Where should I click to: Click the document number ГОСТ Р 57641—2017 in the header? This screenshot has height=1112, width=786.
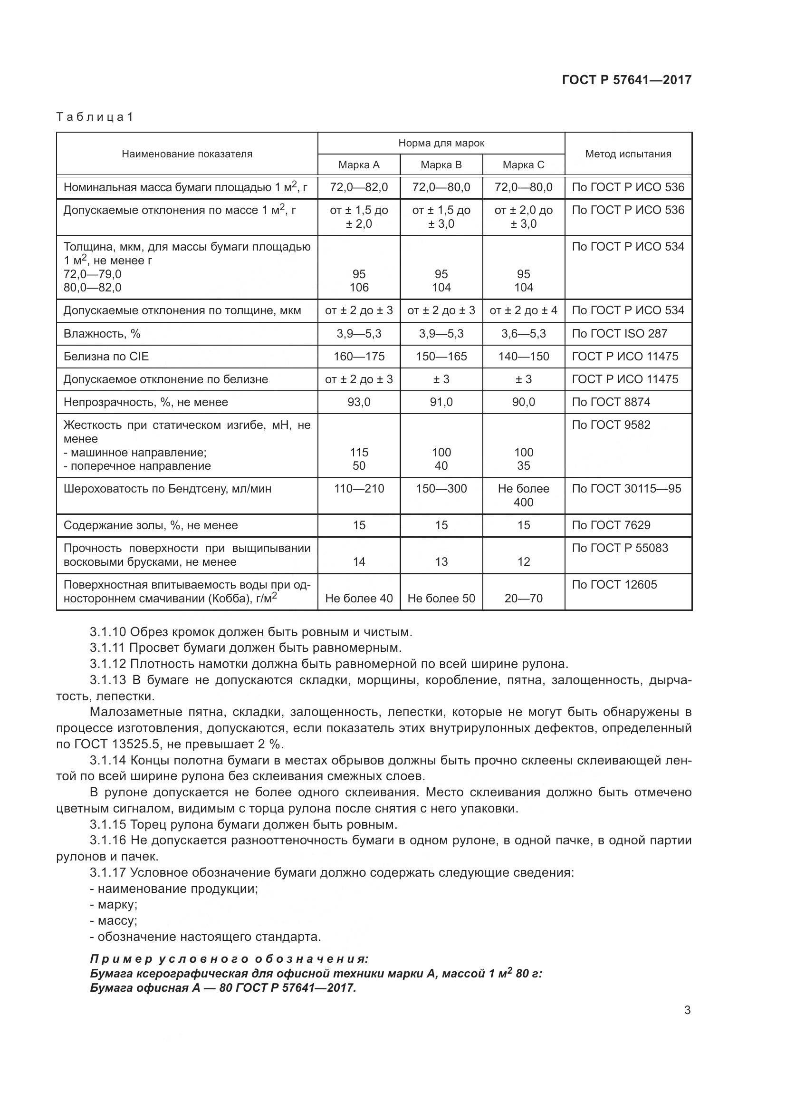tap(627, 80)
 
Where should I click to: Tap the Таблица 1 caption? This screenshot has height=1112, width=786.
tap(95, 117)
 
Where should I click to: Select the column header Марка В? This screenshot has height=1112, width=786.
tap(441, 164)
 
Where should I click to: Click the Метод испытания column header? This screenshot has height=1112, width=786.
tap(628, 154)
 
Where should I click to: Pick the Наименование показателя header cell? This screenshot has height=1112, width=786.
tap(187, 154)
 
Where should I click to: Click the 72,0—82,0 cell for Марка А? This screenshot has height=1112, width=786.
tap(359, 187)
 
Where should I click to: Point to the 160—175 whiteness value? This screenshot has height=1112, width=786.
tap(359, 357)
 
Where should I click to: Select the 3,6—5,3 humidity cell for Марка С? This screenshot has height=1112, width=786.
tap(523, 334)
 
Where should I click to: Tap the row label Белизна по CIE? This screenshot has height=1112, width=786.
tap(106, 357)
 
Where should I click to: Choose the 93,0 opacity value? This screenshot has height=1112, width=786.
tap(359, 402)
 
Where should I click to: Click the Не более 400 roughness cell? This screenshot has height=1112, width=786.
tap(523, 495)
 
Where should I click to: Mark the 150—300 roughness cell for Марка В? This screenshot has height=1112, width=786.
tap(441, 489)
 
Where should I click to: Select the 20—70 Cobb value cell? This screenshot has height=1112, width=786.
tap(523, 598)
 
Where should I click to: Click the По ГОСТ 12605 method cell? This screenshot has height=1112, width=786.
tap(614, 585)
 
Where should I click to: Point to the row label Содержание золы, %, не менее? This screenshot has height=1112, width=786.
tap(151, 525)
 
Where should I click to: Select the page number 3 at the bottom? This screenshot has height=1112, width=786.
tap(687, 1010)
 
